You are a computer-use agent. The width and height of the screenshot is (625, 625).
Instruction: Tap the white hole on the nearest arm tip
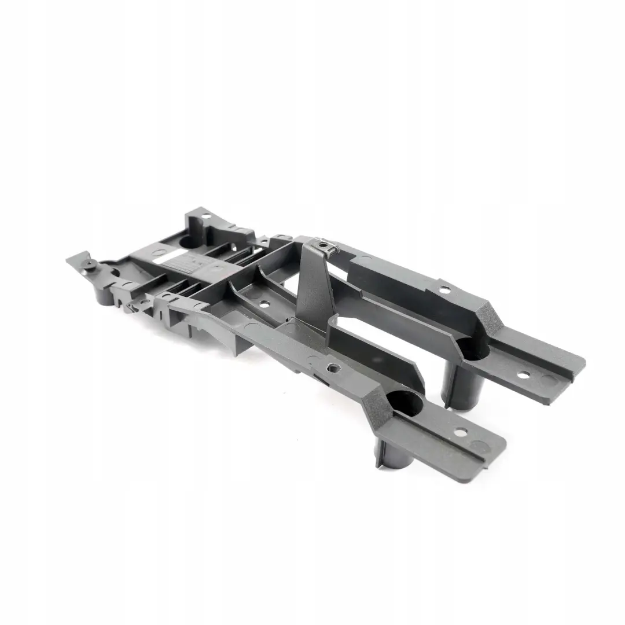[461, 432]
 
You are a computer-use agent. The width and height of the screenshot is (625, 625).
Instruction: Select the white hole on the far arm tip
[523, 375]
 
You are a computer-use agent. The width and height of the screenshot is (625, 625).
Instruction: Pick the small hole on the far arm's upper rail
[443, 288]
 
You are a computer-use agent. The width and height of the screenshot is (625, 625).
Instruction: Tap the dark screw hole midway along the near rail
[332, 367]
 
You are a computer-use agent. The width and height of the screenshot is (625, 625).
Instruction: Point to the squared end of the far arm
[579, 365]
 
